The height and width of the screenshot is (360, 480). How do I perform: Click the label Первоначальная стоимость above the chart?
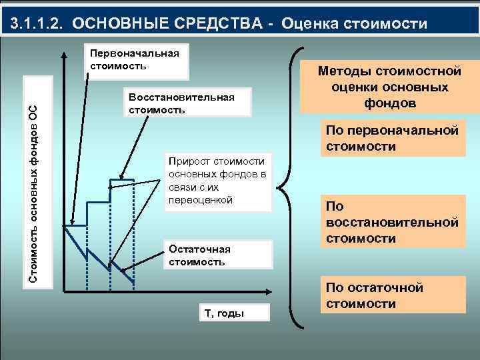[x=134, y=60]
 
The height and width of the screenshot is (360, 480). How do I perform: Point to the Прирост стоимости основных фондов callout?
[x=218, y=181]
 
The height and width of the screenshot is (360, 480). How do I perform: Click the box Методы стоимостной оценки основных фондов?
[x=390, y=87]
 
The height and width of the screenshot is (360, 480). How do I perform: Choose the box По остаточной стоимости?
[x=391, y=295]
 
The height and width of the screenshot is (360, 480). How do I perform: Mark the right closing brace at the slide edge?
[x=471, y=187]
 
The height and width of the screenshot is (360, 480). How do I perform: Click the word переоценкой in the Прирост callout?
[x=201, y=200]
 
